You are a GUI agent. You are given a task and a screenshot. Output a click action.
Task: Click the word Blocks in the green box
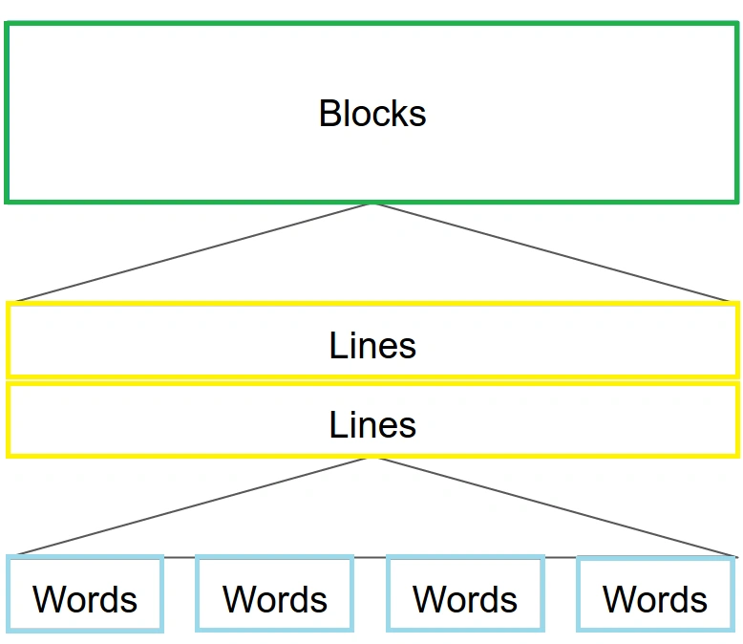[x=372, y=114]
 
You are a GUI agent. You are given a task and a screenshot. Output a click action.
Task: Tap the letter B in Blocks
[x=329, y=114]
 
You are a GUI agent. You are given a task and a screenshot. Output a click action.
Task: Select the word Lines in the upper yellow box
[x=372, y=345]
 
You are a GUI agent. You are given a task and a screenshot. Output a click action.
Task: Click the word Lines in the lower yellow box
[x=372, y=424]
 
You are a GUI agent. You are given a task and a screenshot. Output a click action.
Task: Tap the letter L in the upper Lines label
[x=338, y=345]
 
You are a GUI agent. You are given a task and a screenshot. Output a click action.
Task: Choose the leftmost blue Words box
[x=85, y=593]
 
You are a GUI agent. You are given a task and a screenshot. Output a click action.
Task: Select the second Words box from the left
[x=275, y=593]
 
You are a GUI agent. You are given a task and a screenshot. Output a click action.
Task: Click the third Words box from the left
[x=465, y=593]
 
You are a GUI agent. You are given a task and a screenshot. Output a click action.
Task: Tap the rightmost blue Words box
[x=656, y=593]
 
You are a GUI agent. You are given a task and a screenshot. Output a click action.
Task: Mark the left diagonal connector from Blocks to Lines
[x=194, y=252]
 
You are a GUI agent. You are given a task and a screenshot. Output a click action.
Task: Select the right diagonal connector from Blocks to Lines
[x=551, y=252]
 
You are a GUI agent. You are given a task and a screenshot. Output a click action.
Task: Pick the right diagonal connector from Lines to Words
[x=556, y=507]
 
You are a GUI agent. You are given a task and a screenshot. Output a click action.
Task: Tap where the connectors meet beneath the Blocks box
[x=372, y=204]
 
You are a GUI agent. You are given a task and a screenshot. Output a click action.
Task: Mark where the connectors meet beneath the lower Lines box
[x=372, y=458]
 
